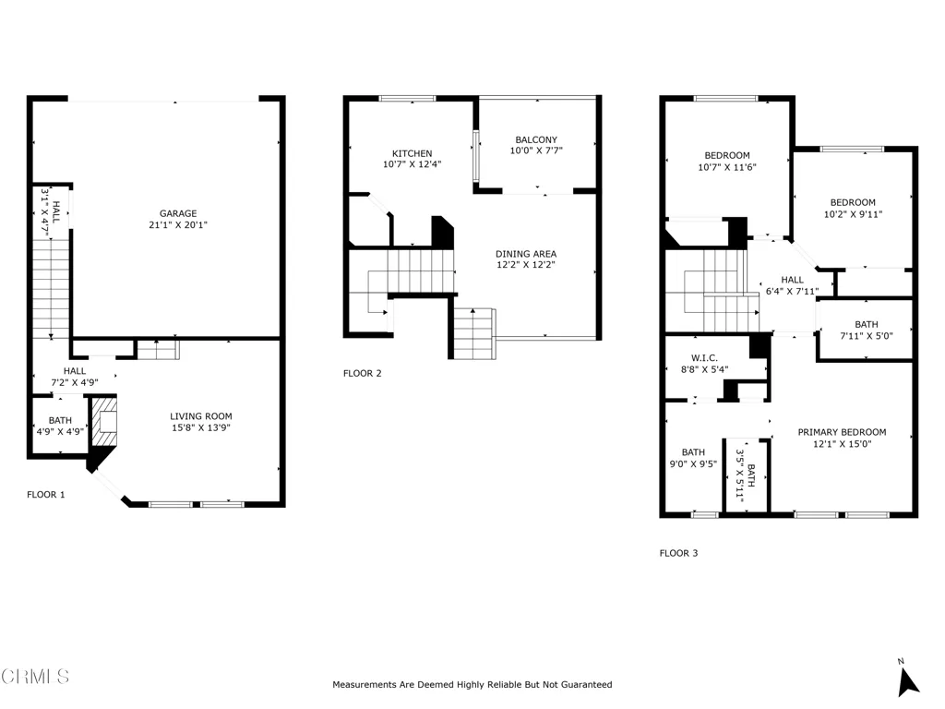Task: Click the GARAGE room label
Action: (178, 213)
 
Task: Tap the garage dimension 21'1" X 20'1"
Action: (178, 225)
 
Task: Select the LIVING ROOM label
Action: (200, 416)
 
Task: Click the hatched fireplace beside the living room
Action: (103, 421)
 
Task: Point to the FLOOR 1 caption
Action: (46, 495)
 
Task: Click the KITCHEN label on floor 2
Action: (413, 154)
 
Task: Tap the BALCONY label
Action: (536, 139)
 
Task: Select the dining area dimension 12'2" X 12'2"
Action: (525, 265)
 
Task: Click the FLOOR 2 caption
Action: (362, 373)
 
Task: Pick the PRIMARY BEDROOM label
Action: (842, 432)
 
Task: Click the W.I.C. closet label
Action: (704, 358)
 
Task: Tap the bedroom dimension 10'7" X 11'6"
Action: (727, 167)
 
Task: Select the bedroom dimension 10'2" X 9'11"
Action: (853, 214)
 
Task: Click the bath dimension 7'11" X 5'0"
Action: (866, 336)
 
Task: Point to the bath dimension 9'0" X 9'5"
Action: (693, 463)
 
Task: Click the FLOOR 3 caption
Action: (678, 553)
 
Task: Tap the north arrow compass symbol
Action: (907, 679)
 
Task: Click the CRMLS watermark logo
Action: (35, 676)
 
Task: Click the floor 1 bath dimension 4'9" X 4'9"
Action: (60, 431)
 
